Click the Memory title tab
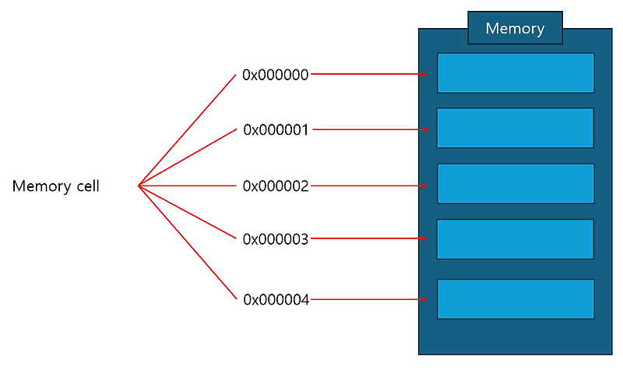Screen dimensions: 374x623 point(515,28)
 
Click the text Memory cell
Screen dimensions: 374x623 point(56,186)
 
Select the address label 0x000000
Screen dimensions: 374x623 point(276,75)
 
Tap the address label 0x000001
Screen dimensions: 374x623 point(276,129)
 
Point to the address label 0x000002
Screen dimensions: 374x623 point(276,186)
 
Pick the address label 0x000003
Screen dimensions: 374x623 point(276,239)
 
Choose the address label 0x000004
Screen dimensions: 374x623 point(276,299)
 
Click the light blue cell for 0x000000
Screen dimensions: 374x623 point(516,73)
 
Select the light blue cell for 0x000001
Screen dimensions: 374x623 point(516,129)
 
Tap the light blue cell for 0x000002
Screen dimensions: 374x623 point(516,184)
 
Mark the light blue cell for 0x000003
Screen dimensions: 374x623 point(516,239)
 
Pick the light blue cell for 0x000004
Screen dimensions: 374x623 point(516,299)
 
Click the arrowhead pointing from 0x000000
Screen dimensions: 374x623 point(424,75)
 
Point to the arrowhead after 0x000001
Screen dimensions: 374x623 point(424,129)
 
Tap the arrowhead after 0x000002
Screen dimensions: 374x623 point(424,186)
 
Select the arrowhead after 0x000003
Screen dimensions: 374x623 point(424,239)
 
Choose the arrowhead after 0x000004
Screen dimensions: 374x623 point(424,299)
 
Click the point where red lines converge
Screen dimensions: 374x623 point(139,185)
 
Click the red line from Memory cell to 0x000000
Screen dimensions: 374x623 point(187,130)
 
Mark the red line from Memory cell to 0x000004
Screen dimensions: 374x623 point(187,242)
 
